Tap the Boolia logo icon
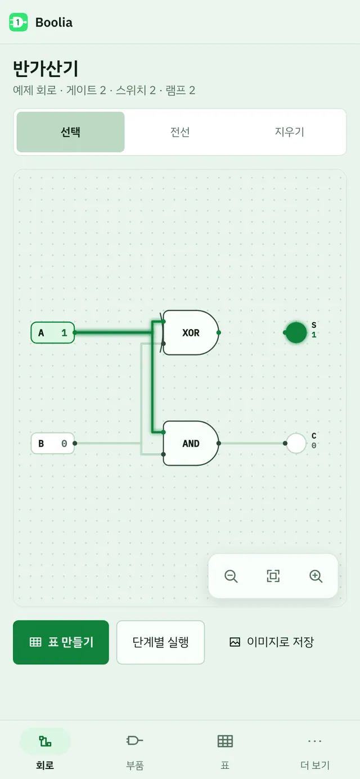(19, 22)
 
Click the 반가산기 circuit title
(46, 69)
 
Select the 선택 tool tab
(71, 132)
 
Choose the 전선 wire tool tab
(180, 132)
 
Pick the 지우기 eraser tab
(289, 132)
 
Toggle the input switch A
(53, 333)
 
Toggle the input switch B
(53, 443)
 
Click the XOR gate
(191, 333)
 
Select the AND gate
(191, 443)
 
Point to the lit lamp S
(296, 333)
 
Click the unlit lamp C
(296, 443)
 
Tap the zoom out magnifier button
(231, 576)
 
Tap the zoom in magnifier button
(316, 576)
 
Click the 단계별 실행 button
(161, 642)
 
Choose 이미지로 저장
(272, 642)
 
